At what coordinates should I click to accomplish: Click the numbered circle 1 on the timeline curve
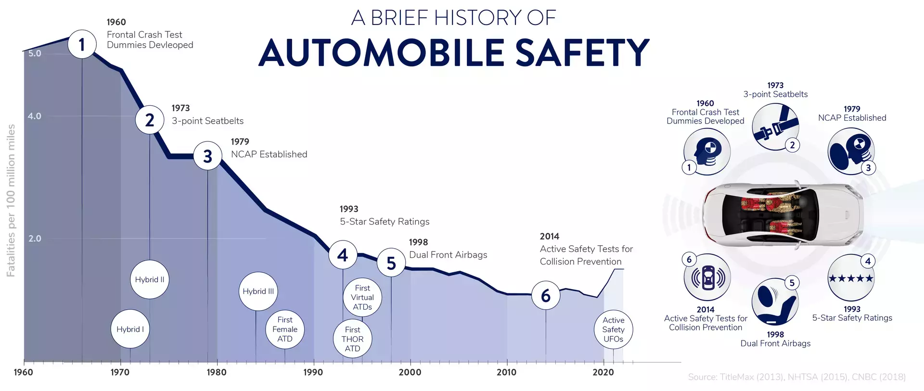point(82,44)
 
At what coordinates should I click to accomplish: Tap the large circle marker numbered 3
point(207,156)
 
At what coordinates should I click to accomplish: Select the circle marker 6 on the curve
point(546,295)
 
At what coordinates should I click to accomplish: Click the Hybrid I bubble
point(130,329)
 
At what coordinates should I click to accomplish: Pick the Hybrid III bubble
point(258,291)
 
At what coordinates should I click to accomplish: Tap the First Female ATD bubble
point(285,329)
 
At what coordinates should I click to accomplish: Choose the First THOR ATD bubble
point(352,339)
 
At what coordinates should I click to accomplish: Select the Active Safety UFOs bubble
point(613,329)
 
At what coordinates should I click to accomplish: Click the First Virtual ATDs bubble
point(362,297)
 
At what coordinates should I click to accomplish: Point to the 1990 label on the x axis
point(313,372)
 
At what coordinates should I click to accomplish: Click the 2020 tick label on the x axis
point(603,372)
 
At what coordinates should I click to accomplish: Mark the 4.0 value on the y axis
point(35,116)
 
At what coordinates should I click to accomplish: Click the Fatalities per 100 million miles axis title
point(11,201)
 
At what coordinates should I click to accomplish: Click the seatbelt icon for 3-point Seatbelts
point(775,126)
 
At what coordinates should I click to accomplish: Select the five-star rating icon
point(851,278)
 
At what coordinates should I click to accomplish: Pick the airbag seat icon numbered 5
point(775,302)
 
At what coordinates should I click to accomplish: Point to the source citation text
point(796,377)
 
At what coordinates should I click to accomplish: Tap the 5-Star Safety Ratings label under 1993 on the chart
point(385,222)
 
